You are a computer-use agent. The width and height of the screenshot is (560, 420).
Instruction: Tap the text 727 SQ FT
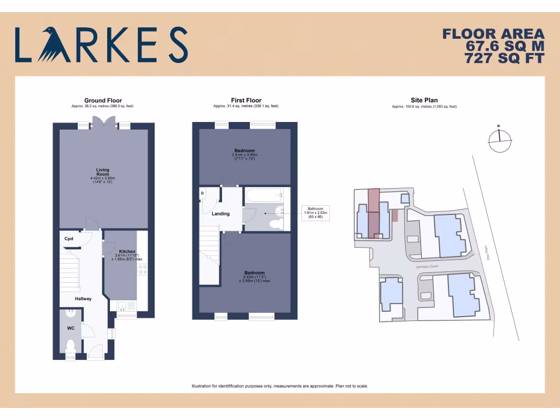(504, 57)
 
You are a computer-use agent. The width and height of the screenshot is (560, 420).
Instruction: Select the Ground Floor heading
(103, 101)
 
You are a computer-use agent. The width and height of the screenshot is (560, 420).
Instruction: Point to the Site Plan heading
(424, 101)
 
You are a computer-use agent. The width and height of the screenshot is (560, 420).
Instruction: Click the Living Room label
(103, 172)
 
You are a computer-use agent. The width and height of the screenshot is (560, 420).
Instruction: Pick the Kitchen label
(127, 252)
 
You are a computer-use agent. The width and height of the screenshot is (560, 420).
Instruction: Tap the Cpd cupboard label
(69, 239)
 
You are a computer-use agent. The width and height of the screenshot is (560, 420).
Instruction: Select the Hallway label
(83, 299)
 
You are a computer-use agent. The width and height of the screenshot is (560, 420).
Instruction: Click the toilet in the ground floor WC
(70, 346)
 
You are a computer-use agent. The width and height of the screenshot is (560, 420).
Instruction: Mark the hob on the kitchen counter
(142, 269)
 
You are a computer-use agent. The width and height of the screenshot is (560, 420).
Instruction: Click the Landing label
(221, 214)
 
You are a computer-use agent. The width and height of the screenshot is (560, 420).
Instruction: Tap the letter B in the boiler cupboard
(202, 193)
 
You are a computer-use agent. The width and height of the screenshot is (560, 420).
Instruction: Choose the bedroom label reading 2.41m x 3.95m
(244, 154)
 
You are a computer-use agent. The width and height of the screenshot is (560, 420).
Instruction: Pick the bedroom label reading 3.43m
(254, 277)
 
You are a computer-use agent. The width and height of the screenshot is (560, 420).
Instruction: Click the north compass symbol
(499, 141)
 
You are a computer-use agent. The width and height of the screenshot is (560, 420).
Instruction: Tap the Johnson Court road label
(428, 267)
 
